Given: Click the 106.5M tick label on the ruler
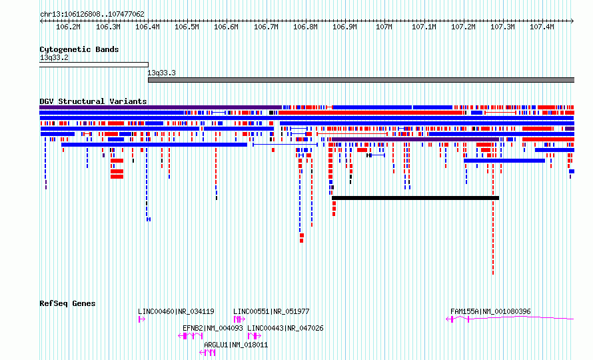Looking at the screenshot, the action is click(187, 27).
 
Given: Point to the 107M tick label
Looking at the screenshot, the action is click(384, 27).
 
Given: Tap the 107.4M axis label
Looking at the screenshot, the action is click(542, 27).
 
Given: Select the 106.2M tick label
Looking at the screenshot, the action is click(68, 27).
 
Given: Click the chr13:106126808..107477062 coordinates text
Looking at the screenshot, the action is click(92, 15).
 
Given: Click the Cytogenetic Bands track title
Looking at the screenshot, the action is click(79, 49).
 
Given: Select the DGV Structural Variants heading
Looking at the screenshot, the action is click(93, 101).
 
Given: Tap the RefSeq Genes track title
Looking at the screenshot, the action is click(67, 303).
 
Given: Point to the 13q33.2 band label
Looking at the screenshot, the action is click(54, 57).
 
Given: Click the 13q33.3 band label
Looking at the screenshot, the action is click(161, 73).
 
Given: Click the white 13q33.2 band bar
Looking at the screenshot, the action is click(94, 65).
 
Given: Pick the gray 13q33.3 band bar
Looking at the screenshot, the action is click(361, 80).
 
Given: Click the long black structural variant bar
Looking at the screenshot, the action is click(415, 198).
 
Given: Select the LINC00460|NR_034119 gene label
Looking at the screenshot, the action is click(176, 311).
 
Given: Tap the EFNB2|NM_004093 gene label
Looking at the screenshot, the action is click(213, 328).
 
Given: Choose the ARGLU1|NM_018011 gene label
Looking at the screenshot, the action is click(236, 345).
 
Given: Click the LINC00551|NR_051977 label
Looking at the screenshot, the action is click(271, 311).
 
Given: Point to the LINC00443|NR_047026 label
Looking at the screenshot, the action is click(285, 328).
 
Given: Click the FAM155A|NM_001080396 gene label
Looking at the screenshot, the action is click(490, 311).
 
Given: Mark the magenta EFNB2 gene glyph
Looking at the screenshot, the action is click(191, 336).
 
